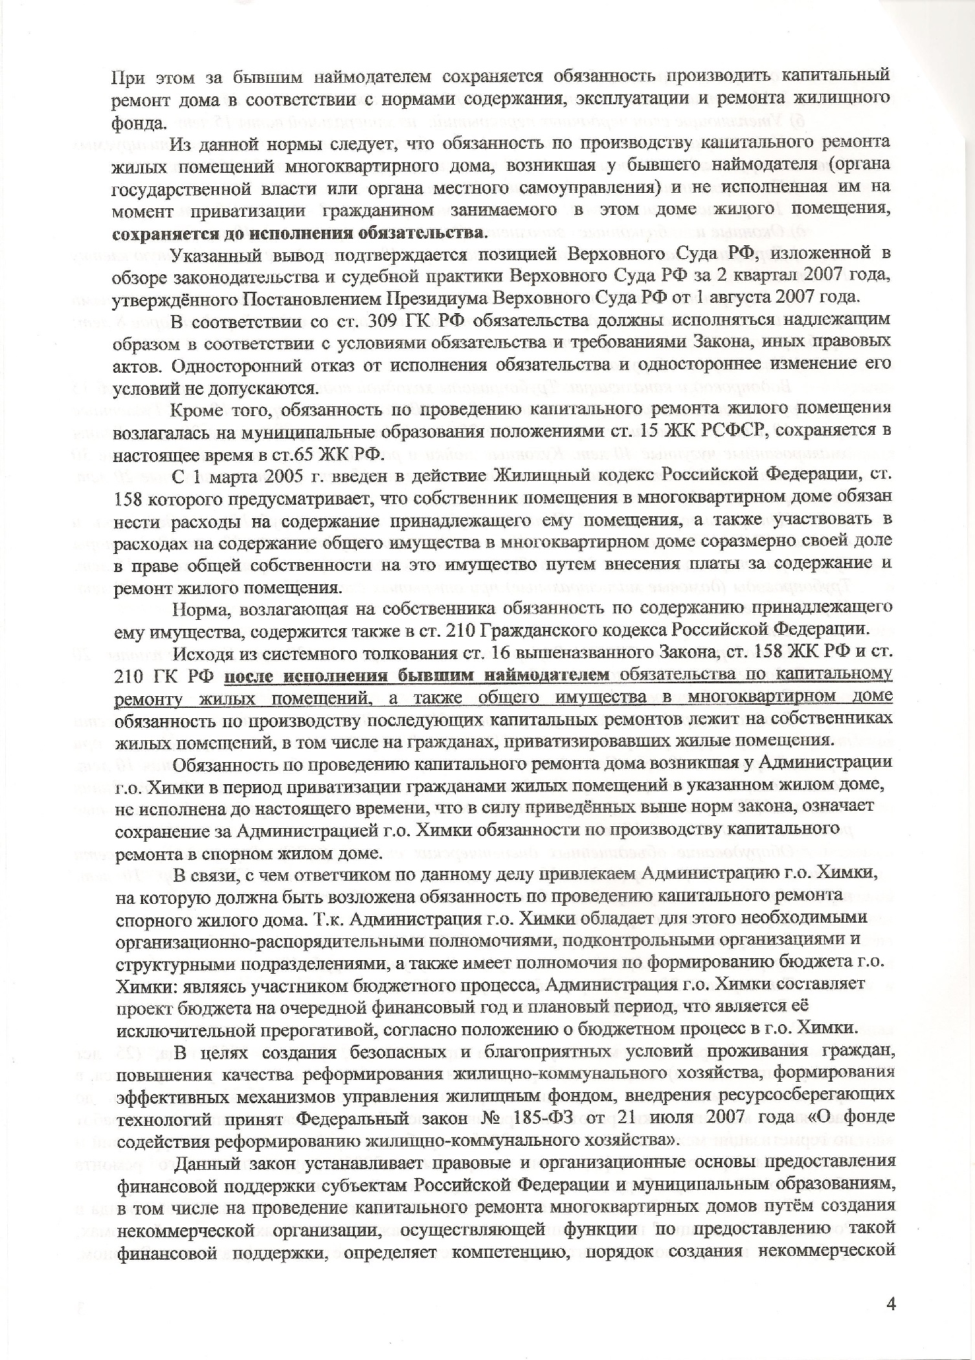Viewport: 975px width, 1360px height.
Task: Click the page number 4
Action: click(x=891, y=1300)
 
